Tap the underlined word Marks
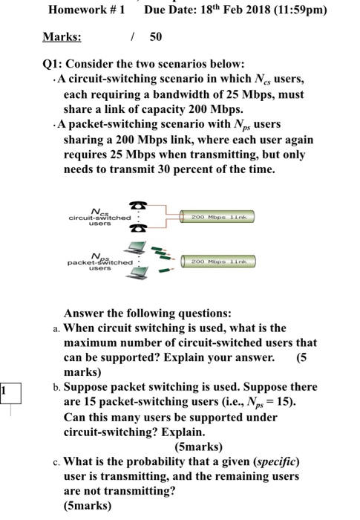[62, 36]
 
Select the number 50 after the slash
[156, 36]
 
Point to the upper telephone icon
[138, 205]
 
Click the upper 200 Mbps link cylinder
[217, 217]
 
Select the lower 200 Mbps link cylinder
[218, 261]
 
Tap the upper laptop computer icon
[135, 247]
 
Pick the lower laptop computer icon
[137, 273]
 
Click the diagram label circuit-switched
[99, 218]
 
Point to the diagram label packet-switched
[100, 263]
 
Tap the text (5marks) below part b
[199, 446]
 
